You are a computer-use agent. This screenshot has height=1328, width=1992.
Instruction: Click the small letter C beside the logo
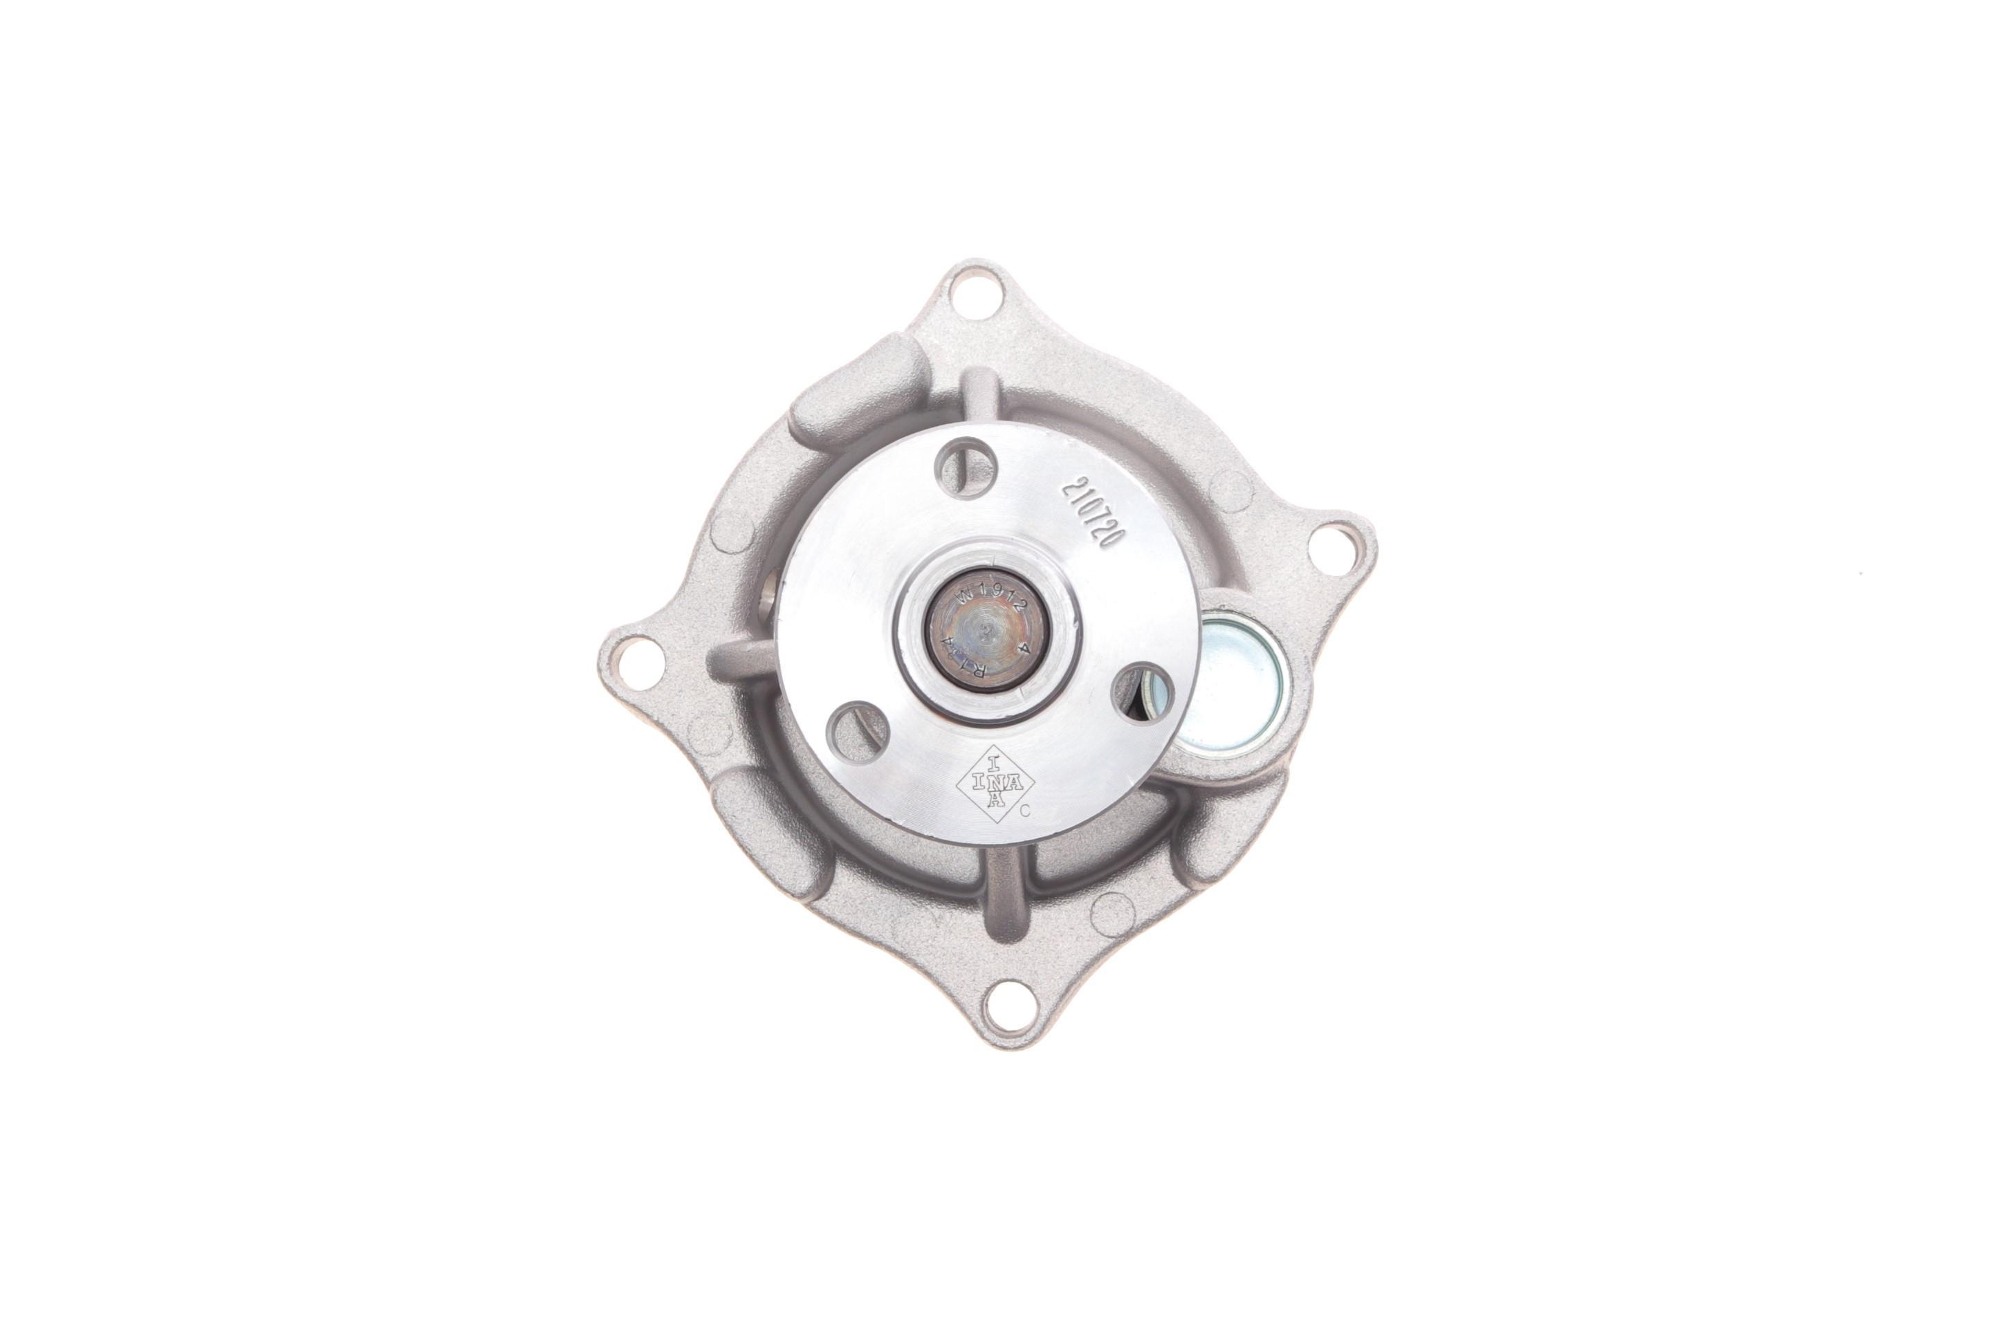tap(1025, 811)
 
